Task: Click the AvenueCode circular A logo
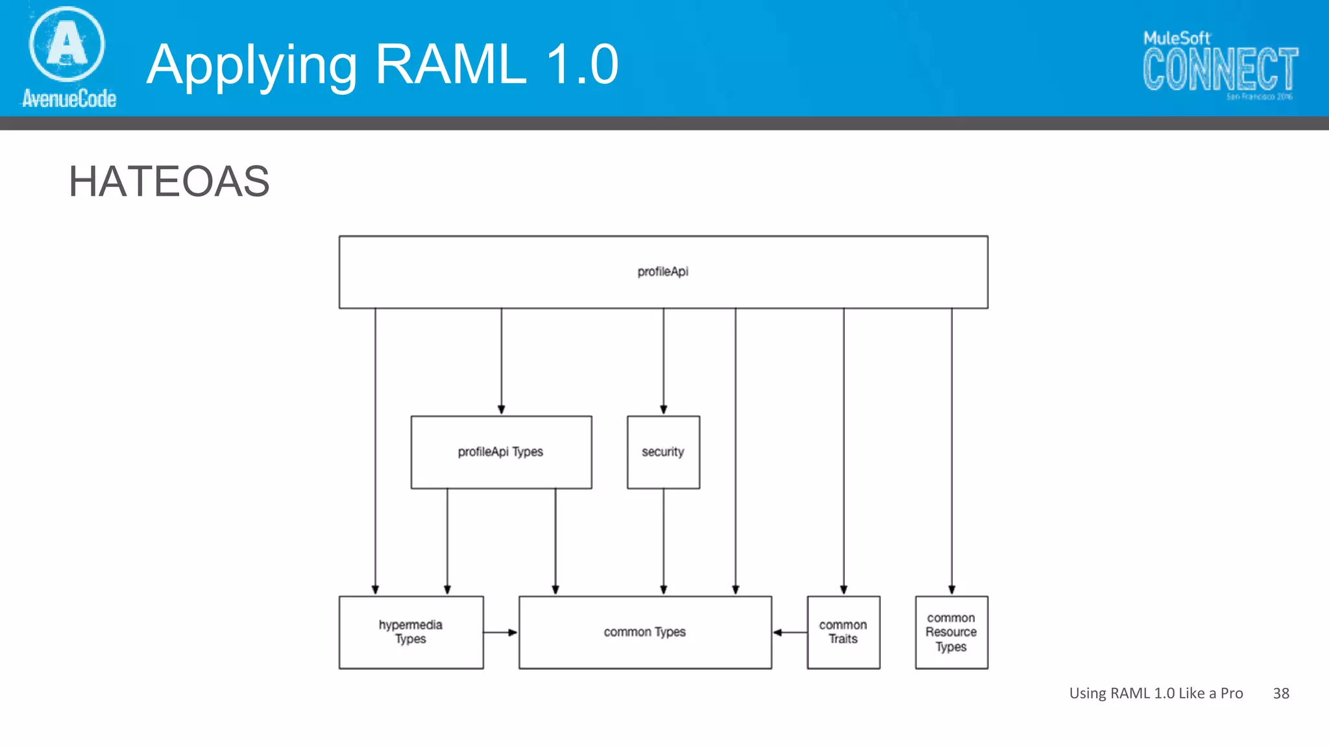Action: pos(67,44)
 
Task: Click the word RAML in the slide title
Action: pos(450,64)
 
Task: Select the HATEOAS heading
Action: pos(169,181)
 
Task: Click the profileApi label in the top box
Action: pos(663,272)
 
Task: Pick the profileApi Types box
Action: pos(501,452)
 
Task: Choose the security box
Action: pos(663,452)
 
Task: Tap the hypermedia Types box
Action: pos(411,632)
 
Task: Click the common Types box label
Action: pos(644,632)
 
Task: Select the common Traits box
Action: pos(843,632)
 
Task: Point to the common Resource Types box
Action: pos(951,632)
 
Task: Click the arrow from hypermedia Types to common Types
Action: pos(501,632)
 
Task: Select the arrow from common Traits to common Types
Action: pos(789,632)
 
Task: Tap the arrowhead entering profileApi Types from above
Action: pos(501,409)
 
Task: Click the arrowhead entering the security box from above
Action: pos(663,409)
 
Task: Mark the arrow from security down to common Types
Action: pos(663,541)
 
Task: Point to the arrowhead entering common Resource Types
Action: pos(951,589)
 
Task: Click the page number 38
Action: pos(1280,693)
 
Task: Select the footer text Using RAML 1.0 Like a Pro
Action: pos(1156,693)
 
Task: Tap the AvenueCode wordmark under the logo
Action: pos(69,99)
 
